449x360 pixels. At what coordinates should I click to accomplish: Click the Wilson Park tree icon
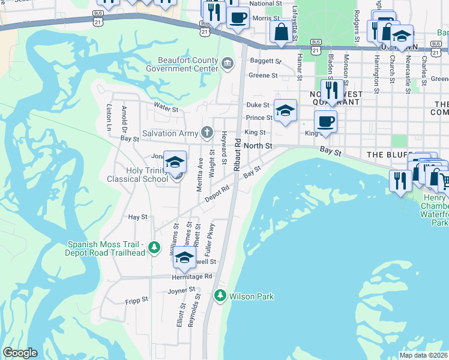click(x=220, y=296)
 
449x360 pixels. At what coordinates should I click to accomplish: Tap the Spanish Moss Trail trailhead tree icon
click(x=154, y=247)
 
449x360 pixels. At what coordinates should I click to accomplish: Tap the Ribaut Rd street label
click(x=238, y=155)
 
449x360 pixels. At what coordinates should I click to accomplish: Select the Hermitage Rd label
click(x=191, y=276)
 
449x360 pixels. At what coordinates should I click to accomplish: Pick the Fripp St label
click(x=136, y=300)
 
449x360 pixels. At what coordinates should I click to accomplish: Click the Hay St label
click(x=138, y=217)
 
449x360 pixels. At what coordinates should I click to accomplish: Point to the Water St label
click(x=166, y=109)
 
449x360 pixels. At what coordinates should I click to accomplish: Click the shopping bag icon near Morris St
click(x=281, y=32)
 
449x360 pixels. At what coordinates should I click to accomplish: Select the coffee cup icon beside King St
click(x=325, y=121)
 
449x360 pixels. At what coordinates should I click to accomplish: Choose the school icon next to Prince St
click(x=286, y=110)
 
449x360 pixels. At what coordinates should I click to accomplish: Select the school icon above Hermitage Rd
click(x=184, y=259)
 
